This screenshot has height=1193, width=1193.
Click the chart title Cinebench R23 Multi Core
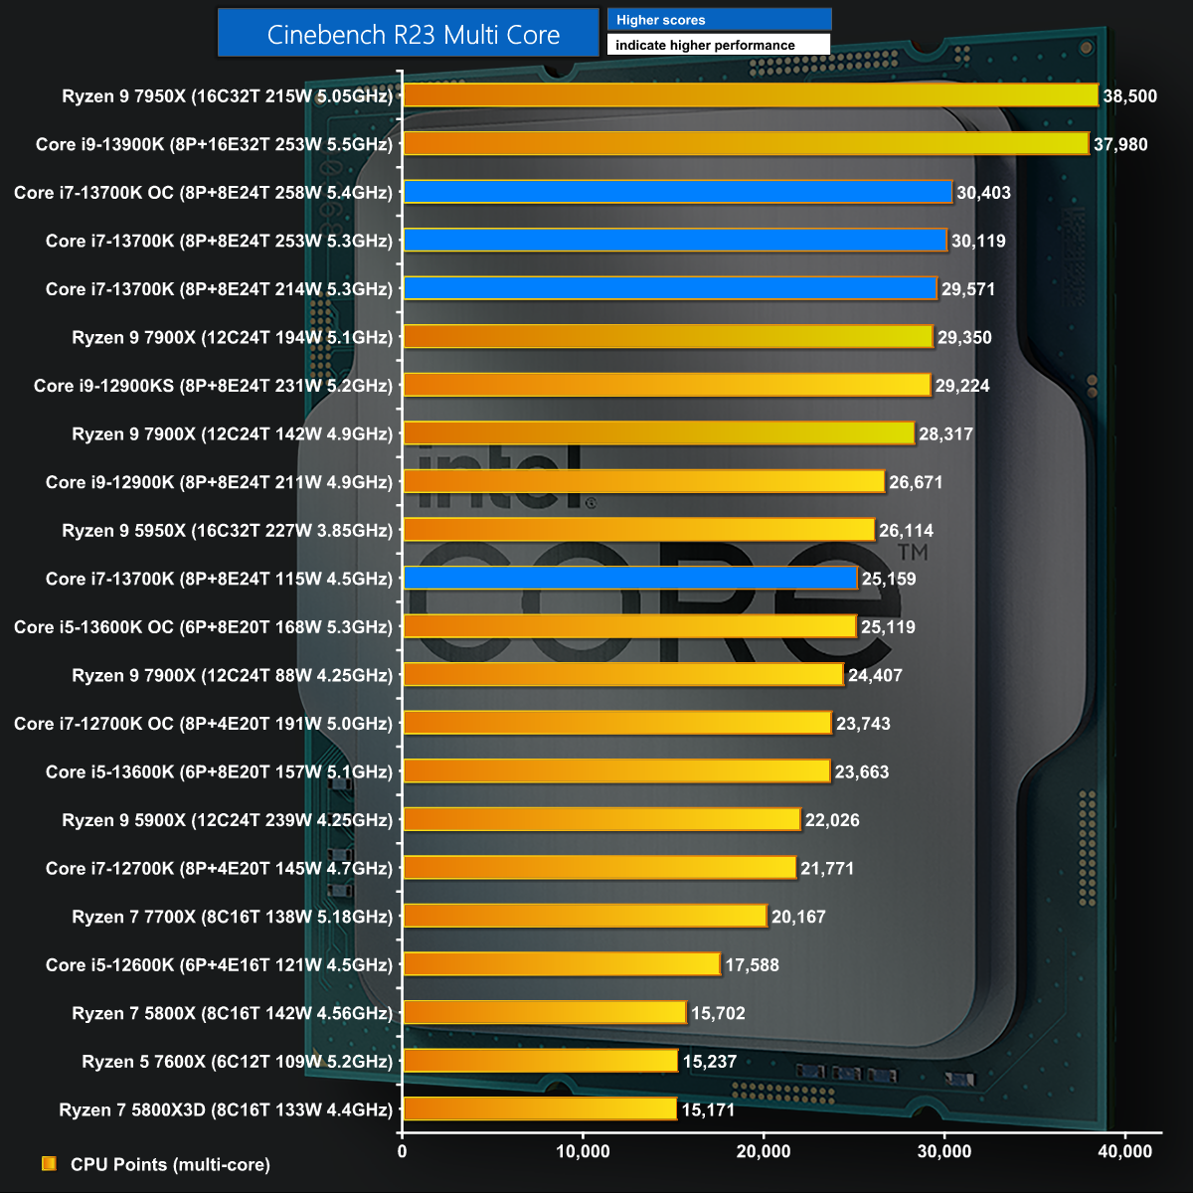[414, 35]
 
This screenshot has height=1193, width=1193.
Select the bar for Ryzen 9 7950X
[751, 95]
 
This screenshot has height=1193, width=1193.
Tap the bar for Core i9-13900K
[746, 144]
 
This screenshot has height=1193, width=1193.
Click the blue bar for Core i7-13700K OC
[678, 192]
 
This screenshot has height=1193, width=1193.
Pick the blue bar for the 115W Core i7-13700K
[630, 579]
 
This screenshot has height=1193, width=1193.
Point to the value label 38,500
[1130, 96]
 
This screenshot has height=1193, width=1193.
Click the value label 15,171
[708, 1109]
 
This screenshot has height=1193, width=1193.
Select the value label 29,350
[964, 338]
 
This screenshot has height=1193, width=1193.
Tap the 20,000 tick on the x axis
[764, 1151]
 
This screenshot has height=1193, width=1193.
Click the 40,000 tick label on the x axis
[1124, 1151]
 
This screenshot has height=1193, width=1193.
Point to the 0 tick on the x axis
[402, 1151]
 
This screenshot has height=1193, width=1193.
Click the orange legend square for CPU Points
[49, 1163]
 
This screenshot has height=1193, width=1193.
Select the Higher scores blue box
[719, 20]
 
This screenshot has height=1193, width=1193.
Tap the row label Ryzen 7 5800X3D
[226, 1109]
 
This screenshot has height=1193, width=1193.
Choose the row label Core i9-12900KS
[213, 386]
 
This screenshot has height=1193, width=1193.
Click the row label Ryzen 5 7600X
[238, 1062]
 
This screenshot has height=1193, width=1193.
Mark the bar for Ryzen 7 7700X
[585, 917]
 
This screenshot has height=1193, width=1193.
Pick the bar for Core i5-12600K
[562, 964]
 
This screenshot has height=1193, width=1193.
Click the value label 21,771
[827, 869]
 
